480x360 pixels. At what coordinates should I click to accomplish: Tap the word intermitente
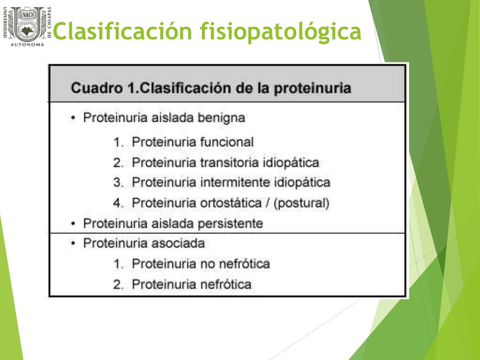point(231,182)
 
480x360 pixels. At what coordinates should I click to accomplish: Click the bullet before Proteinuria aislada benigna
point(73,118)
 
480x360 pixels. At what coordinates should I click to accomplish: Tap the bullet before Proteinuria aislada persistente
point(73,224)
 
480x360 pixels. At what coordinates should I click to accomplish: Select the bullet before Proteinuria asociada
point(73,244)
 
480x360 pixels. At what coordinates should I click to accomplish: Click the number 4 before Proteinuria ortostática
point(116,203)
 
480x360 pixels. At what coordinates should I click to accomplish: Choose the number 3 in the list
point(116,182)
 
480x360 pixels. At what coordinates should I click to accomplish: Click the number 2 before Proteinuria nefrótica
point(116,284)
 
